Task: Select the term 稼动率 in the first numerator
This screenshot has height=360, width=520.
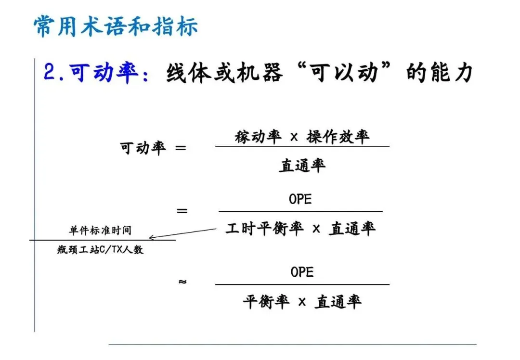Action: pyautogui.click(x=258, y=137)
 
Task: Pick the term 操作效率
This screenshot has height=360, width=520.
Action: pyautogui.click(x=338, y=137)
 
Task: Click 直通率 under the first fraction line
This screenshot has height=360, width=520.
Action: pyautogui.click(x=302, y=165)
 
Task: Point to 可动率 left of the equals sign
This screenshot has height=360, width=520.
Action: pyautogui.click(x=143, y=148)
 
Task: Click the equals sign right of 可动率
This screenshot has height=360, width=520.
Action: pyautogui.click(x=181, y=148)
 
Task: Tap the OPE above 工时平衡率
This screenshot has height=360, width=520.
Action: pyautogui.click(x=301, y=199)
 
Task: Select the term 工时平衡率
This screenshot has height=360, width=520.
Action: pyautogui.click(x=264, y=229)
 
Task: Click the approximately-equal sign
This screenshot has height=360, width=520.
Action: pyautogui.click(x=182, y=282)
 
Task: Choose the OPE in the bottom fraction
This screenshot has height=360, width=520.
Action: pyautogui.click(x=302, y=272)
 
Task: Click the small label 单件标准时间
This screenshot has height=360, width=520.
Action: pyautogui.click(x=100, y=230)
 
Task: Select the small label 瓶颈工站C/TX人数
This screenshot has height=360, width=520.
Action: pyautogui.click(x=100, y=250)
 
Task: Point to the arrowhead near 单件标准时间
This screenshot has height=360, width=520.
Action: pyautogui.click(x=152, y=237)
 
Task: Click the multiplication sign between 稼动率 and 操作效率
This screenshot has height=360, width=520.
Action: pyautogui.click(x=294, y=137)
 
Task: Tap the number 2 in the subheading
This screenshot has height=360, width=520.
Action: pyautogui.click(x=50, y=73)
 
